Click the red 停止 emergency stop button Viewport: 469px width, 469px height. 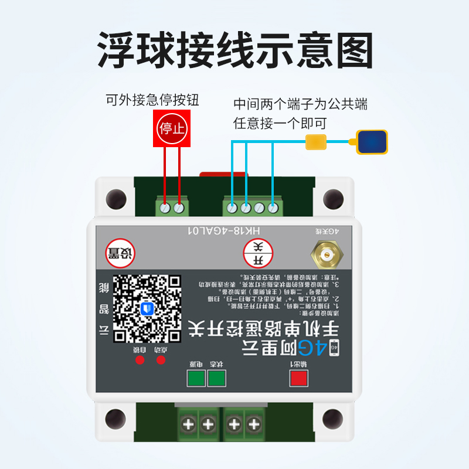[x=172, y=128]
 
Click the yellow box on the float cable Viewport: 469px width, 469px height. [x=316, y=141]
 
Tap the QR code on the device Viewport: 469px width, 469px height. [x=147, y=309]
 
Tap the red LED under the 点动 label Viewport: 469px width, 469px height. [x=160, y=359]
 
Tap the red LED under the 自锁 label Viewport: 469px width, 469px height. [x=140, y=359]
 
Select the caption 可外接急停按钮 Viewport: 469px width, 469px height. [x=152, y=100]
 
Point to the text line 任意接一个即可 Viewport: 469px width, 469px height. [x=280, y=123]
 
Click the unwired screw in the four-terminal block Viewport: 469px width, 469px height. [x=260, y=207]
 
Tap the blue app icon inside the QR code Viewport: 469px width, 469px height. [x=147, y=308]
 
